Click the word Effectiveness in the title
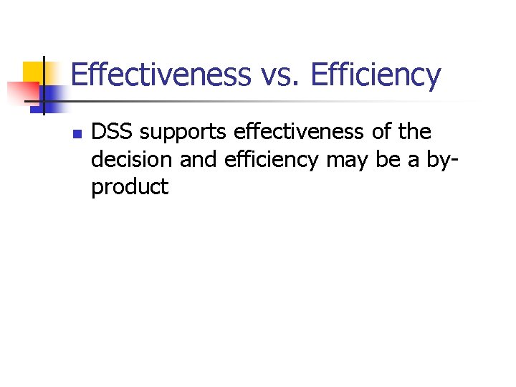click(161, 75)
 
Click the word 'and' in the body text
click(199, 160)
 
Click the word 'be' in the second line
click(388, 160)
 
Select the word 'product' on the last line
click(130, 188)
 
